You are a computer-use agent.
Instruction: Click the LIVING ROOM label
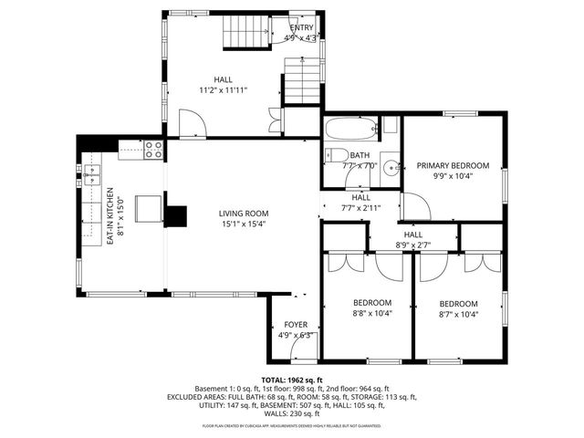[243, 214]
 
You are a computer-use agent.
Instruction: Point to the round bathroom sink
[390, 167]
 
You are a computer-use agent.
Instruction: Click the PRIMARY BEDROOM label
[453, 166]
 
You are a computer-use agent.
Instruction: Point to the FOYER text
[296, 325]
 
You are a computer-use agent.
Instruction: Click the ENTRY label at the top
[301, 28]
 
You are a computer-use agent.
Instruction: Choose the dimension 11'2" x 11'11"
[224, 90]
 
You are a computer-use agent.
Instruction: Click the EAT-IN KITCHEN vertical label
[109, 215]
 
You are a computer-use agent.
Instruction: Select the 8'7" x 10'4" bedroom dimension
[458, 315]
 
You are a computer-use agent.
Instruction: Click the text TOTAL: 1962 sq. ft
[291, 380]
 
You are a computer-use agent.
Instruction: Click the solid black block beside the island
[175, 216]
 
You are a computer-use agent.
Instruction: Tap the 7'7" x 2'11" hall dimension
[360, 207]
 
